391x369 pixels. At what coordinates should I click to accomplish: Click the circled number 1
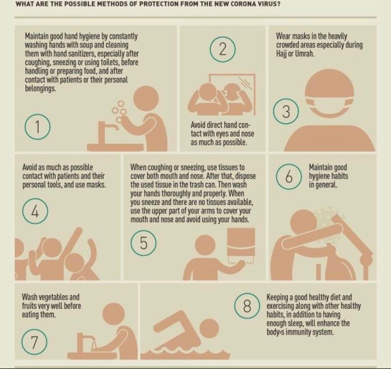(x=37, y=126)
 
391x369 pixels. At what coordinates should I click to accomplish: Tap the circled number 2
(x=223, y=49)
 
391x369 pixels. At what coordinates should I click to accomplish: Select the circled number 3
(x=286, y=111)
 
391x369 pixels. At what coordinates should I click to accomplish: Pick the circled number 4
(x=35, y=211)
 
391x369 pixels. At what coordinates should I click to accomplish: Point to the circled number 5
(x=144, y=243)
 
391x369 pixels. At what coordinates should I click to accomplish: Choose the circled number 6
(x=289, y=176)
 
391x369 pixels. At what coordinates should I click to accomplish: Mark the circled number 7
(x=34, y=342)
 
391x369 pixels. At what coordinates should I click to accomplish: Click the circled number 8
(x=247, y=306)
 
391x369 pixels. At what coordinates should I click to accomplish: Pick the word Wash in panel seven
(x=30, y=297)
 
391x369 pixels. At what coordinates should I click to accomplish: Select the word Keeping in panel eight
(x=277, y=298)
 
